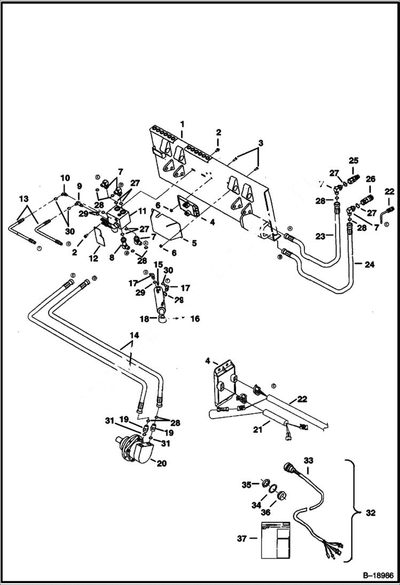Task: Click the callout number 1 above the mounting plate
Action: tap(182, 124)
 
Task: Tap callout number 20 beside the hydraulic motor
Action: tap(161, 463)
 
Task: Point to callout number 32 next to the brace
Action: tap(371, 513)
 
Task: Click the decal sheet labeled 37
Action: tap(275, 539)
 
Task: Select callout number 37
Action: tap(242, 539)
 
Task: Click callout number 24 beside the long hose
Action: tap(370, 262)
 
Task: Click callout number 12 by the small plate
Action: tap(94, 258)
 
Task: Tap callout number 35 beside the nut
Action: tap(246, 484)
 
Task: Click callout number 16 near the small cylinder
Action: tap(195, 318)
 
